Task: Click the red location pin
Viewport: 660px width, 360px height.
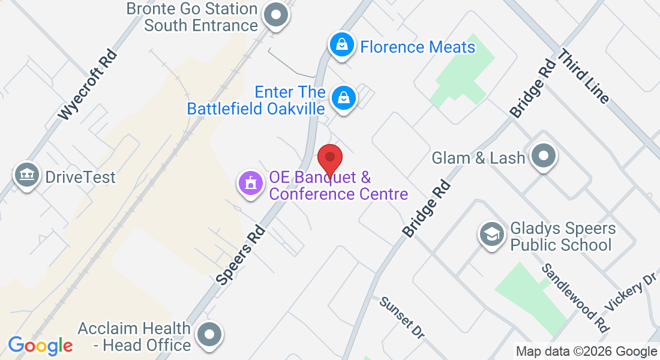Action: point(329,159)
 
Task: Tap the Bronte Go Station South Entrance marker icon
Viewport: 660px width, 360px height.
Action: point(277,16)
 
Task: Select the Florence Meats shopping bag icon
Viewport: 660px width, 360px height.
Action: point(341,45)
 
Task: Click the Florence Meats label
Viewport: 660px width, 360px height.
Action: point(418,47)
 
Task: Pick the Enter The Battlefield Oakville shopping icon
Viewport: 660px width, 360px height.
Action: point(344,97)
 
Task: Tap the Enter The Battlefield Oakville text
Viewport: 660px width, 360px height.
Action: point(256,100)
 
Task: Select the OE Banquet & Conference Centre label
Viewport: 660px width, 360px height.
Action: point(338,186)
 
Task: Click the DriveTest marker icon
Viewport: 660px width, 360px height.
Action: point(26,175)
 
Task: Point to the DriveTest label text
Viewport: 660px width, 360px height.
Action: point(80,178)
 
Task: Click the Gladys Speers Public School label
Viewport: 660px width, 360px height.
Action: point(562,236)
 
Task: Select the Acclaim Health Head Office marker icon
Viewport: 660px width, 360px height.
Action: point(209,335)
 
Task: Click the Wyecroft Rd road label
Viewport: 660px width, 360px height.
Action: point(88,85)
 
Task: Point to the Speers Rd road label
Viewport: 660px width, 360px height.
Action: point(241,254)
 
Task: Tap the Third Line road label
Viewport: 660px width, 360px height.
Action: point(583,76)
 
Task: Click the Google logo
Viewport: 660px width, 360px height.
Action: point(40,346)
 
